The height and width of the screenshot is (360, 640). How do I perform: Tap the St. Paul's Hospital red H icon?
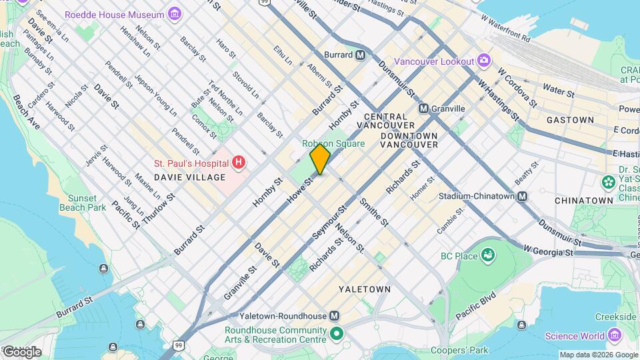[238, 163]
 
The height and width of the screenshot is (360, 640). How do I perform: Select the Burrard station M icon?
[360, 55]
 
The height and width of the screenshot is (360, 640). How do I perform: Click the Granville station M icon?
[423, 108]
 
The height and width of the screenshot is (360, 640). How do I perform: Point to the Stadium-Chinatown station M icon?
[523, 197]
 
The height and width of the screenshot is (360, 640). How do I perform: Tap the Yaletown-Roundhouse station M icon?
[335, 316]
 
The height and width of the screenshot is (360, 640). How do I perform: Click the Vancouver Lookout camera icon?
[484, 61]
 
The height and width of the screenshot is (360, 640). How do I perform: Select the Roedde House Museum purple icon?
[174, 14]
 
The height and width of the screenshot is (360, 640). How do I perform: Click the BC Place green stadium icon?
[489, 255]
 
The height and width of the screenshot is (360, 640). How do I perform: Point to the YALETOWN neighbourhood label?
[364, 289]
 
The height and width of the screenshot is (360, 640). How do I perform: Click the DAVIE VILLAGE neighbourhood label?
[189, 177]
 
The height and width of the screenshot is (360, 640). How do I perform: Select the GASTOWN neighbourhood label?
[570, 120]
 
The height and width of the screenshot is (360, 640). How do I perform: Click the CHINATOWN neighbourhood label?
[583, 200]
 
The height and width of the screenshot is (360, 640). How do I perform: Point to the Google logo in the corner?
[21, 351]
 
